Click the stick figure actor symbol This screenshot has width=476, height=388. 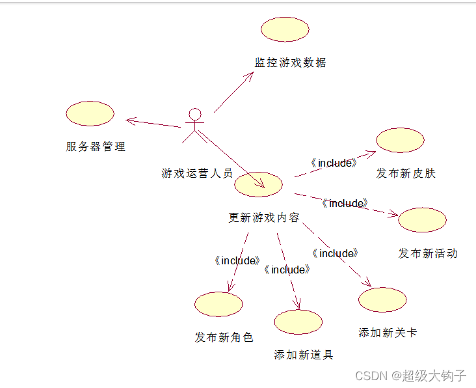(193, 125)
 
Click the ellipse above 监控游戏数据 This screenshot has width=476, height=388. (285, 29)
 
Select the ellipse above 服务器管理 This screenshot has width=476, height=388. (90, 113)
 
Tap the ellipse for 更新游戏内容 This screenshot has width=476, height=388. (258, 185)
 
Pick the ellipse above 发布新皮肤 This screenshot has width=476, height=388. (400, 141)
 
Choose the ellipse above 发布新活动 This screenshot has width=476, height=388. (422, 220)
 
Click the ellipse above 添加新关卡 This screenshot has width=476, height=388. (382, 299)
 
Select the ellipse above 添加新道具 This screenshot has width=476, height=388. (298, 322)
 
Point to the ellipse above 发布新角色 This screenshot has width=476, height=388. (218, 304)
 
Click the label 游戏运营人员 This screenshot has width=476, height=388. (197, 173)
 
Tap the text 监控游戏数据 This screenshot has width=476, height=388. (290, 62)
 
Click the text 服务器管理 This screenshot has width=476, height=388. (96, 146)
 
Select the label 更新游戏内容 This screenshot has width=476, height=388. (264, 217)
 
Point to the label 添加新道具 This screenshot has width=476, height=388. (304, 355)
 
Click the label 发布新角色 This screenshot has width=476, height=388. (224, 337)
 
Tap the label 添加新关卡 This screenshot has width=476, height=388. (388, 333)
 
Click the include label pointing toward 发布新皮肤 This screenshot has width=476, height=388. (334, 163)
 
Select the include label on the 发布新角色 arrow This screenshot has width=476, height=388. (237, 260)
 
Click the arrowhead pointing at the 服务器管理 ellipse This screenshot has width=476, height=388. (130, 120)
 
